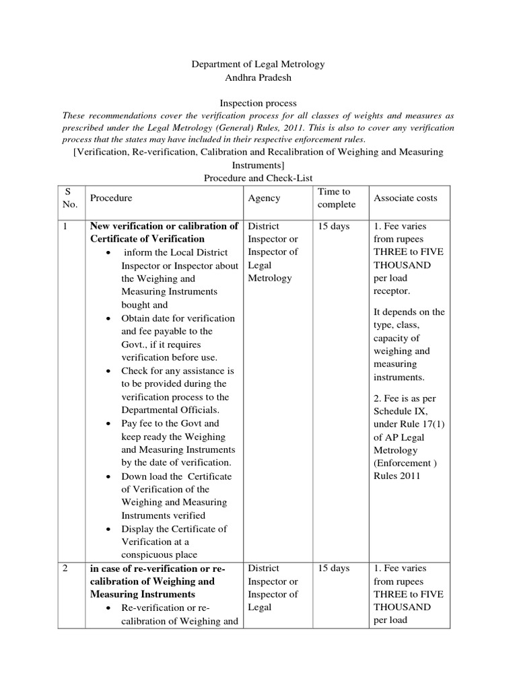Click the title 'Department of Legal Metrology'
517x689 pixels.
coord(258,64)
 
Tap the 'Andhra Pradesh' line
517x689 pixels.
coord(258,78)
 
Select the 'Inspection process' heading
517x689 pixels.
coord(258,104)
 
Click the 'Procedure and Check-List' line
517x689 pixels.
coord(258,177)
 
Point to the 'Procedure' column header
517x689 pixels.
coord(111,198)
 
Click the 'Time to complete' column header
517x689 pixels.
coord(334,198)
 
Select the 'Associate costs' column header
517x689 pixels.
coord(405,198)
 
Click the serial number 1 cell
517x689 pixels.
coord(66,226)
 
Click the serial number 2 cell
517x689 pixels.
coord(66,569)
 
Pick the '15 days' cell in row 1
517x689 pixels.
coord(334,226)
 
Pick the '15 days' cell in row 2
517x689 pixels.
coord(334,569)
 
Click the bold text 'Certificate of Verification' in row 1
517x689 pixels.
coord(147,239)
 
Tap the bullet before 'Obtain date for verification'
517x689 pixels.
coord(109,318)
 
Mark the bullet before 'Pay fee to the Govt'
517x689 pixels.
coord(109,424)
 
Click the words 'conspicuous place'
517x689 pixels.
coord(159,555)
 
